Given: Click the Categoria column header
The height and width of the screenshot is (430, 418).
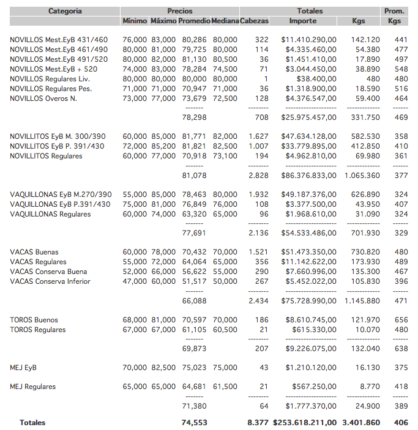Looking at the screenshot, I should (65, 11).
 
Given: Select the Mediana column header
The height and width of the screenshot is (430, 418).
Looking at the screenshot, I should (225, 21).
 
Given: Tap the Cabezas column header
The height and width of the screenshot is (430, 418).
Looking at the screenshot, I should (255, 21).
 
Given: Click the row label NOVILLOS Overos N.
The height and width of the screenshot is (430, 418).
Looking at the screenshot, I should (43, 98).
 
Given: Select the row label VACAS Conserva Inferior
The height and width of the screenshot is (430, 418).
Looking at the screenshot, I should (50, 281).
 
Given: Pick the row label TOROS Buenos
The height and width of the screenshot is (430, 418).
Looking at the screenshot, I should (34, 320).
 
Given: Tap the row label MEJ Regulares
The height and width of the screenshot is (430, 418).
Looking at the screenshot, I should (33, 387).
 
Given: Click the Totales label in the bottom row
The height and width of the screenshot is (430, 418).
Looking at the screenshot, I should (32, 423).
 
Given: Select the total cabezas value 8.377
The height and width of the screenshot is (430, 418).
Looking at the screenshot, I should (258, 423).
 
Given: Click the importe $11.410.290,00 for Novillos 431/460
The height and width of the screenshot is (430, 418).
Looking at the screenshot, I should (308, 40).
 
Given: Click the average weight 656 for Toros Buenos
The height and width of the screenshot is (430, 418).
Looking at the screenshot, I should (401, 320).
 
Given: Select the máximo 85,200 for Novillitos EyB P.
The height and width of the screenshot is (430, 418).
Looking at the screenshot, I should (163, 146).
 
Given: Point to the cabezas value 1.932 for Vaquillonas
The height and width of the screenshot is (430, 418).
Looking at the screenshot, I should (258, 195).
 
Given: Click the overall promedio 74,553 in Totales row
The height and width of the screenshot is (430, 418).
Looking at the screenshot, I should (194, 423).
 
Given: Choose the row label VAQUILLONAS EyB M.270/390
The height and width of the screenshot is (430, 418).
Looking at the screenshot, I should (61, 195).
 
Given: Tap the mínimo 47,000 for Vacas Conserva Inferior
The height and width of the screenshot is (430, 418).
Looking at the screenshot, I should (135, 281).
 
